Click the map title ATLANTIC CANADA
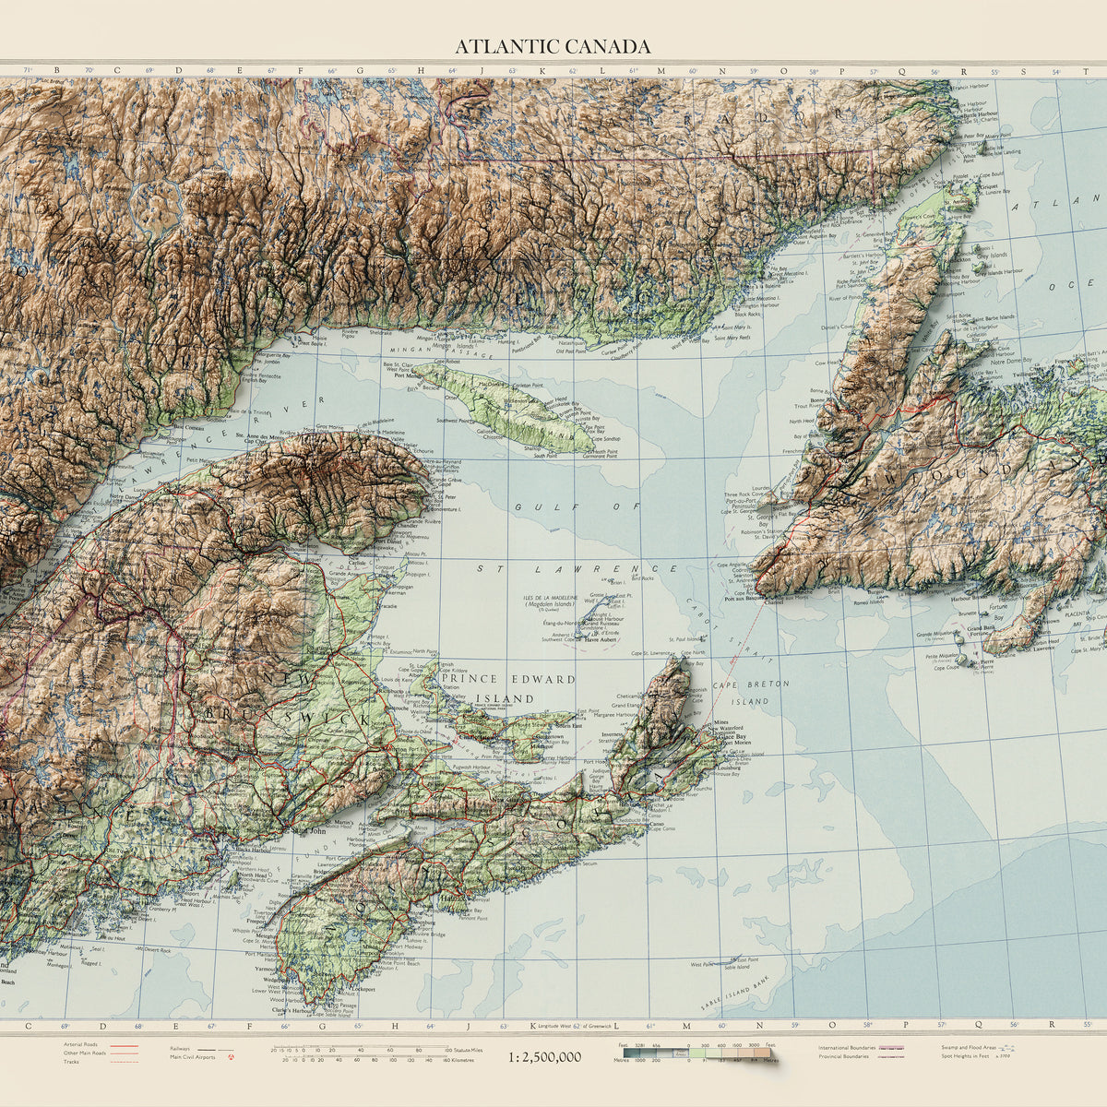pos(553,47)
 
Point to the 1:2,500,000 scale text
pos(544,1056)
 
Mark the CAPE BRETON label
pos(735,684)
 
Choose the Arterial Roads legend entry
pos(82,1045)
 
